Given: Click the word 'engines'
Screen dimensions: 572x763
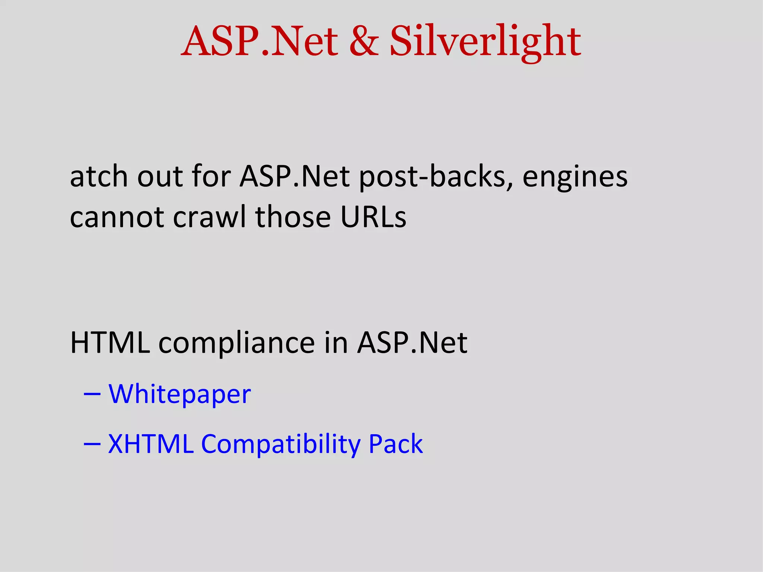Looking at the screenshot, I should [575, 177].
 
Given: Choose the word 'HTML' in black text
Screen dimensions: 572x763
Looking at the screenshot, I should [110, 342].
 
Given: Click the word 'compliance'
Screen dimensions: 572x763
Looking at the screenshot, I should [237, 343].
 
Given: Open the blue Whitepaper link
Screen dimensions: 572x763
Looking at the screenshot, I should [180, 394].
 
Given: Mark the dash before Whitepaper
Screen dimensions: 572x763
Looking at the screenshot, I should [92, 394].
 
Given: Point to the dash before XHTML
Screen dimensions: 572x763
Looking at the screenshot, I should [92, 444].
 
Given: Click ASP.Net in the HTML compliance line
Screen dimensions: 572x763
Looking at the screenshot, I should [412, 342].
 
